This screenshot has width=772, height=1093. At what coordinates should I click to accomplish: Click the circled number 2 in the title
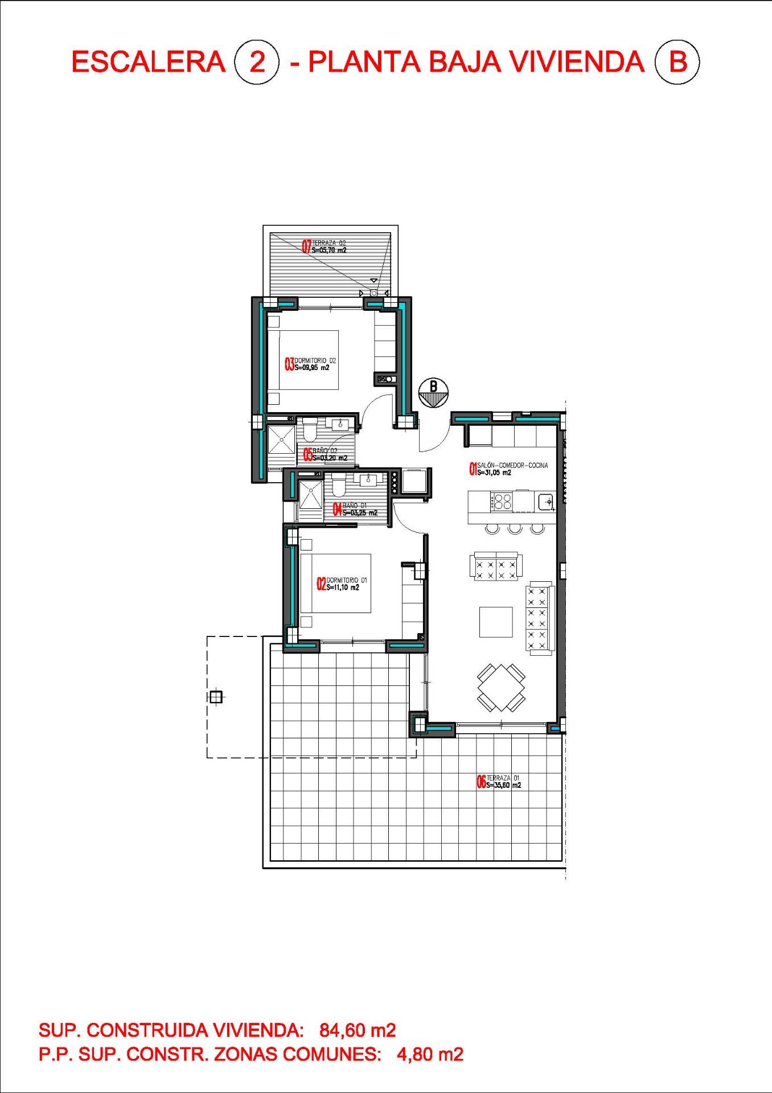(x=257, y=62)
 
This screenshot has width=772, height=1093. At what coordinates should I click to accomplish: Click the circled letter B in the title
(x=677, y=61)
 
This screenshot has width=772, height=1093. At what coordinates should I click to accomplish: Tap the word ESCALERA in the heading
(x=149, y=62)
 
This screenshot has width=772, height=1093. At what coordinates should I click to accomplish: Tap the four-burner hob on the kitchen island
(x=503, y=502)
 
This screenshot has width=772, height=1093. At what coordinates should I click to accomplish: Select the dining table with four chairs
(x=501, y=687)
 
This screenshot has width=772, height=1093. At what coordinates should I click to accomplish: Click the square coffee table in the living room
(x=496, y=622)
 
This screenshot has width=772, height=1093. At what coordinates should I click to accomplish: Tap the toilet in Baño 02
(x=310, y=430)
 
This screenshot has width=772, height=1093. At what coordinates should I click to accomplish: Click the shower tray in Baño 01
(x=311, y=495)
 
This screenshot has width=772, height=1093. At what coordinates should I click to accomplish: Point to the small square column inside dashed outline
(x=216, y=696)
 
